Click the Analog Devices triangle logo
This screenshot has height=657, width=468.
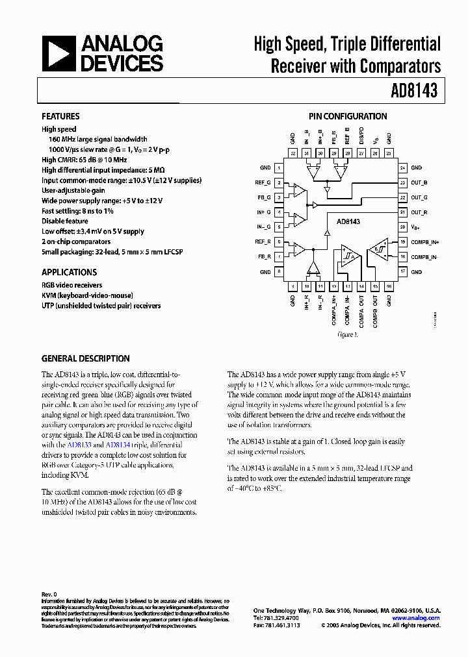(x=58, y=53)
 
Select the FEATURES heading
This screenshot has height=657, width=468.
(x=60, y=117)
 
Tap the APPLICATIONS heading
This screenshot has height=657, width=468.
(x=69, y=273)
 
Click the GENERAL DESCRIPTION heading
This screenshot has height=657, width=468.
(x=85, y=358)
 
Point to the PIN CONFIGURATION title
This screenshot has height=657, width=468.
(x=348, y=117)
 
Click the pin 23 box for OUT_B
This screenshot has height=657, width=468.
(x=402, y=182)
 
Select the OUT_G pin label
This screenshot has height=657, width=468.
(x=420, y=197)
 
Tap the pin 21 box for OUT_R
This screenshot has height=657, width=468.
(x=402, y=212)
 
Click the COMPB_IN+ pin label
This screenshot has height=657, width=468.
(x=425, y=242)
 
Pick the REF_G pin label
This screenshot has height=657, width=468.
(x=263, y=182)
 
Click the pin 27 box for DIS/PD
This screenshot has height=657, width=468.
(x=348, y=153)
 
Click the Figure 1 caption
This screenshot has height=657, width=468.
(x=347, y=335)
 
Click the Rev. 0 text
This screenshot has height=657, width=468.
(x=49, y=594)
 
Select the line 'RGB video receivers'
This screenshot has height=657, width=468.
(x=71, y=285)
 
